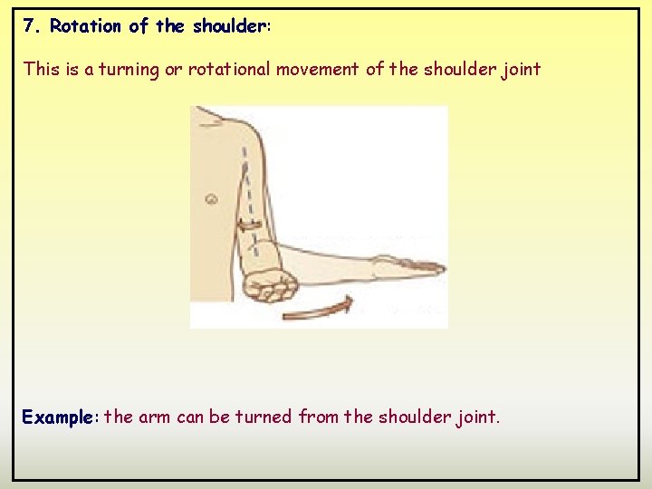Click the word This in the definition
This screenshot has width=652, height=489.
[x=41, y=69]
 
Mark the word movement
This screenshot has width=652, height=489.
[x=318, y=69]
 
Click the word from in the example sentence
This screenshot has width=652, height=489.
[x=319, y=417]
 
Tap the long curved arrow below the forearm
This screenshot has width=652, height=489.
[x=317, y=308]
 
